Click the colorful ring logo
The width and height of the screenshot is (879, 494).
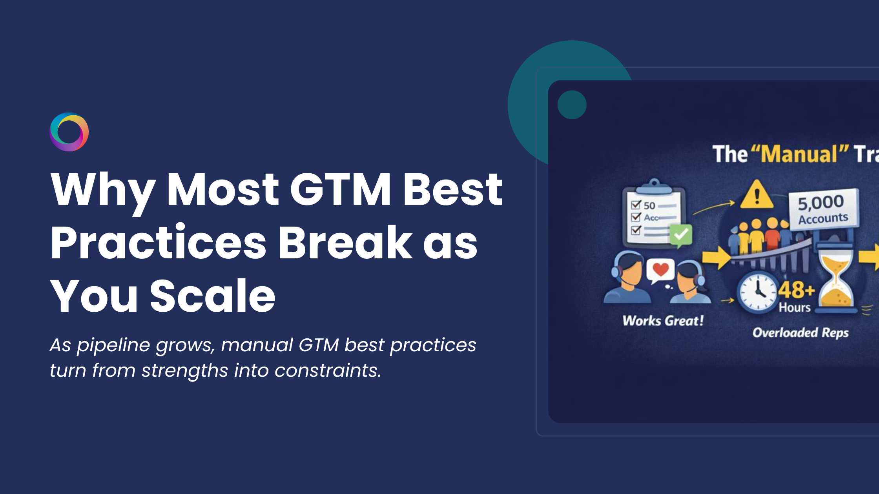[x=69, y=132]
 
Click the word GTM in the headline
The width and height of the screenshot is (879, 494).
[x=340, y=190]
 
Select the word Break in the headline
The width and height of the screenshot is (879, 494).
[x=345, y=243]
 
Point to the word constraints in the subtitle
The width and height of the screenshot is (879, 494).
[x=328, y=370]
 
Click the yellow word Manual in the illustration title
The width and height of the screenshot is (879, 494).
[x=799, y=154]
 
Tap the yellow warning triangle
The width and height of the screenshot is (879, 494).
[x=757, y=195]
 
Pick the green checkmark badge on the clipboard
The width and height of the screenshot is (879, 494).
[x=681, y=235]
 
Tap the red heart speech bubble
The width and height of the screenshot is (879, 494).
[x=660, y=270]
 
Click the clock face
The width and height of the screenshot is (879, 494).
[x=758, y=292]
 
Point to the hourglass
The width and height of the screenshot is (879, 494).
[x=836, y=280]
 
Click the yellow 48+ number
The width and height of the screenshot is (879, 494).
[x=796, y=290]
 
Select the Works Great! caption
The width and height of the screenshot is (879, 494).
[x=663, y=321]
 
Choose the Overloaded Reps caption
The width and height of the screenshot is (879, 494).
[x=801, y=333]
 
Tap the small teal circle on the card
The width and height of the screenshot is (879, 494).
[x=572, y=105]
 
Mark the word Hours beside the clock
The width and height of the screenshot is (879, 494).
[x=795, y=307]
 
